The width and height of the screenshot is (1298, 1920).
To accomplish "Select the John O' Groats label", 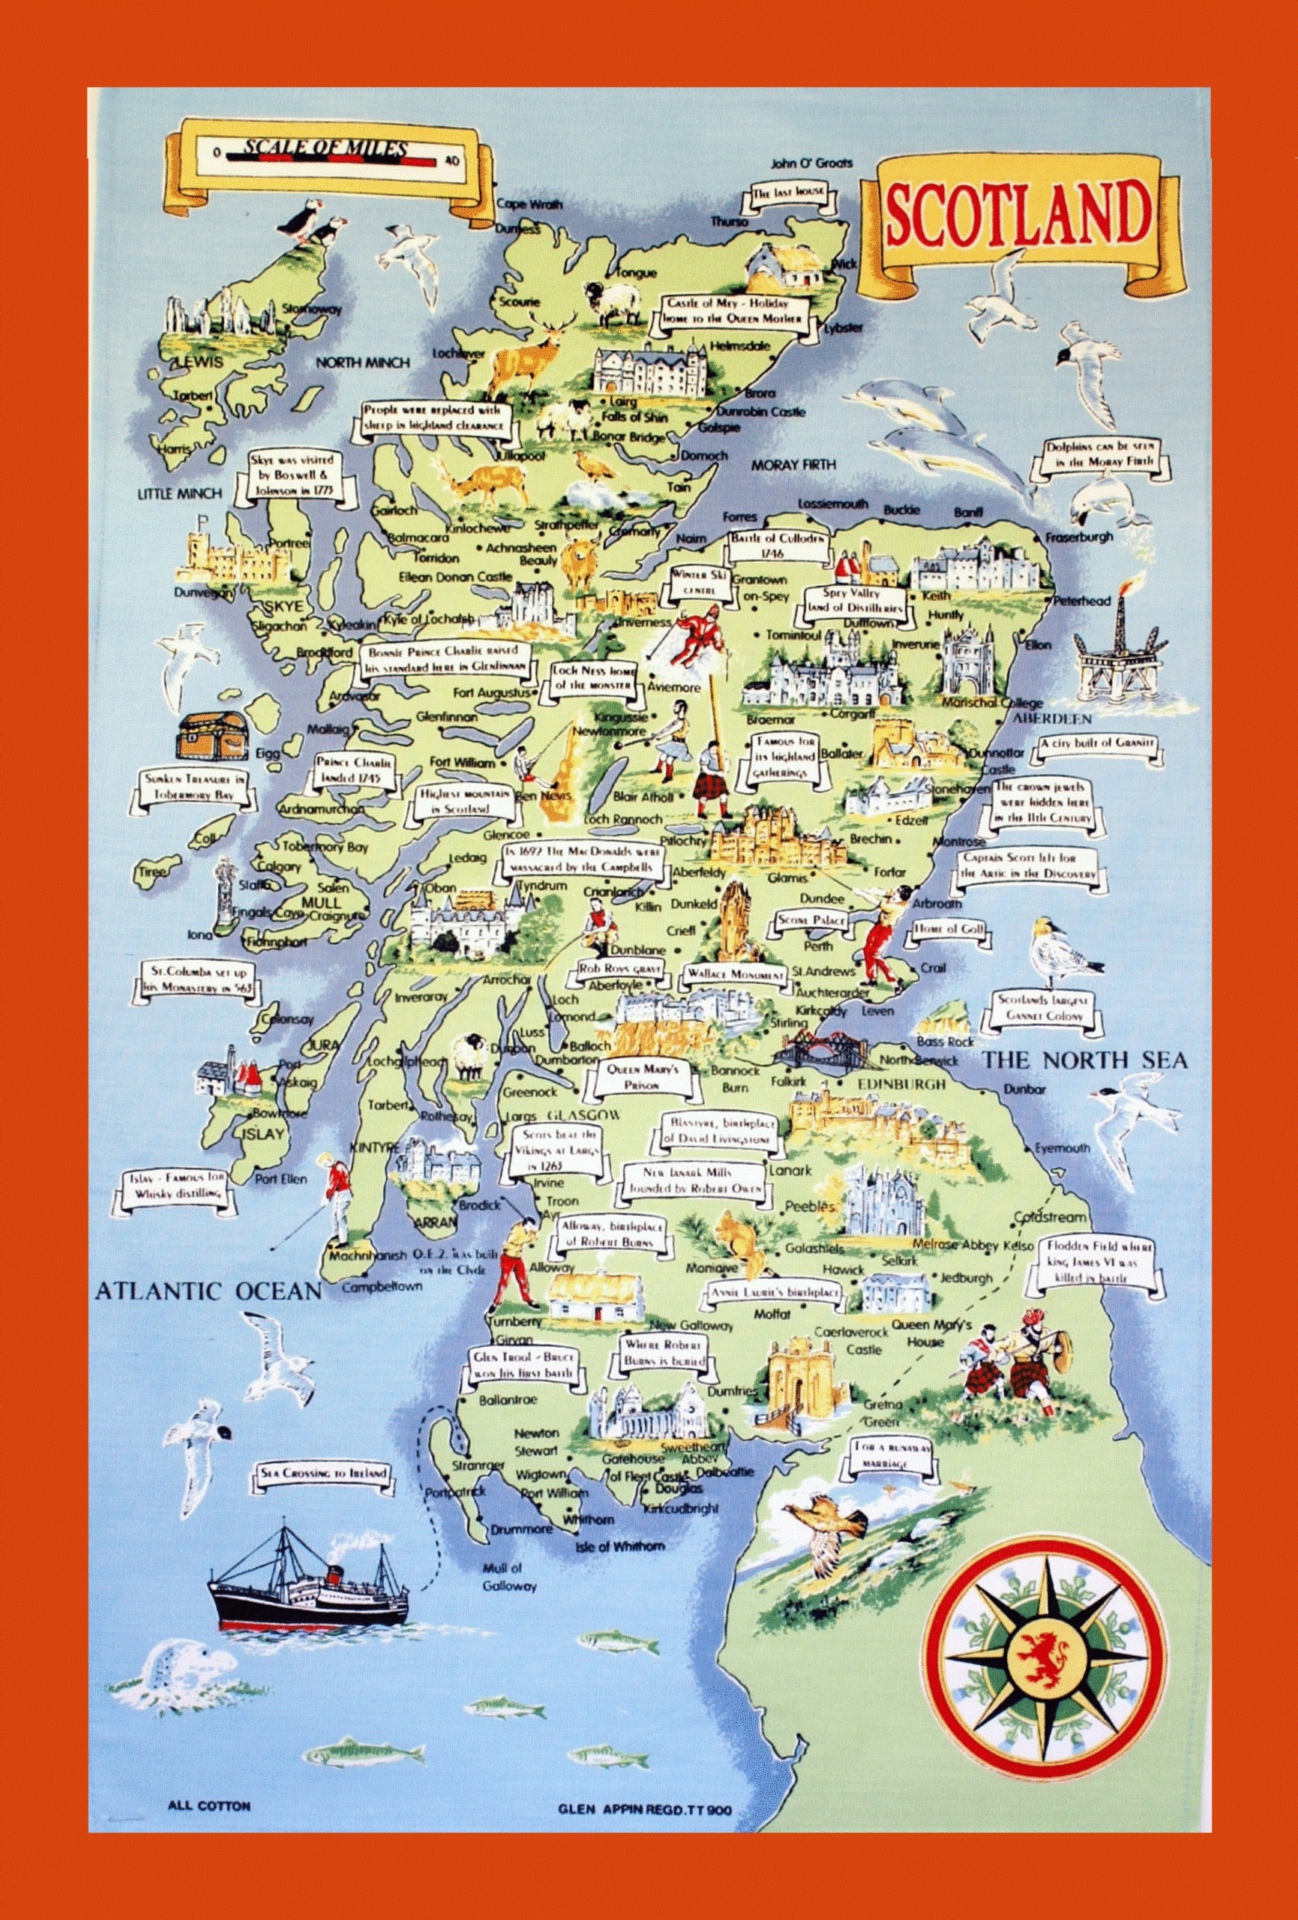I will point(811,163).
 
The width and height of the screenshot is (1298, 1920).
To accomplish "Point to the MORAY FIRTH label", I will point(793,465).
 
